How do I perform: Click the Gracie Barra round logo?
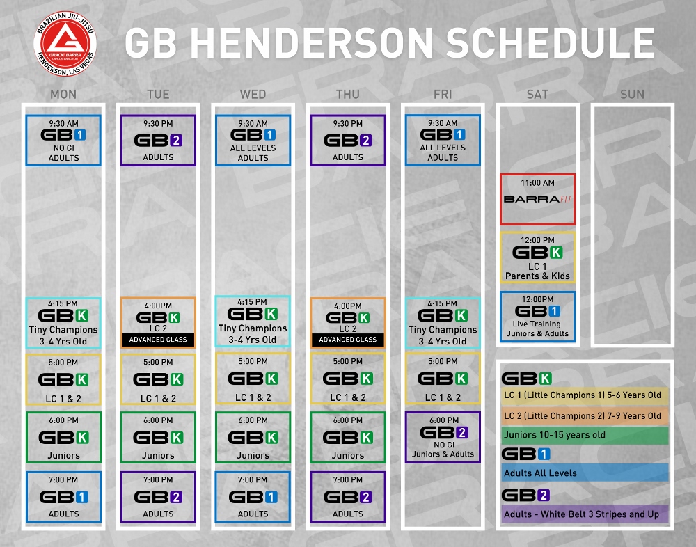click(65, 44)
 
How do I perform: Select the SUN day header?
click(632, 94)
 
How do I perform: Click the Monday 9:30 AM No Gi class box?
click(63, 141)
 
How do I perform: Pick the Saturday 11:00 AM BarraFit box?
click(537, 199)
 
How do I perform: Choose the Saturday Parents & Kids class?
click(537, 257)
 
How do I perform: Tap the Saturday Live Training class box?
click(537, 317)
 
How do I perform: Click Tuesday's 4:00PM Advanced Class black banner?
click(158, 340)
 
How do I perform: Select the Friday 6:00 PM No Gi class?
click(443, 437)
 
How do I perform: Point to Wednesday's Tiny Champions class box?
click(253, 321)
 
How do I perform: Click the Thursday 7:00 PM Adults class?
click(348, 497)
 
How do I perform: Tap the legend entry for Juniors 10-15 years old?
click(585, 435)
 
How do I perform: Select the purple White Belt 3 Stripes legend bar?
click(585, 514)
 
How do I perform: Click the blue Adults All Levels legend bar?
click(585, 473)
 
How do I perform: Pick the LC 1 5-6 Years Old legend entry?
click(585, 395)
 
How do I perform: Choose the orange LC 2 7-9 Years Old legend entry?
click(585, 416)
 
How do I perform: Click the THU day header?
click(347, 94)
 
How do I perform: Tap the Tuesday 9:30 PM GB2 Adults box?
click(158, 141)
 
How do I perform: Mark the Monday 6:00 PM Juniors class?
click(63, 437)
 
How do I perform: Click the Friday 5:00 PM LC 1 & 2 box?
click(443, 379)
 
